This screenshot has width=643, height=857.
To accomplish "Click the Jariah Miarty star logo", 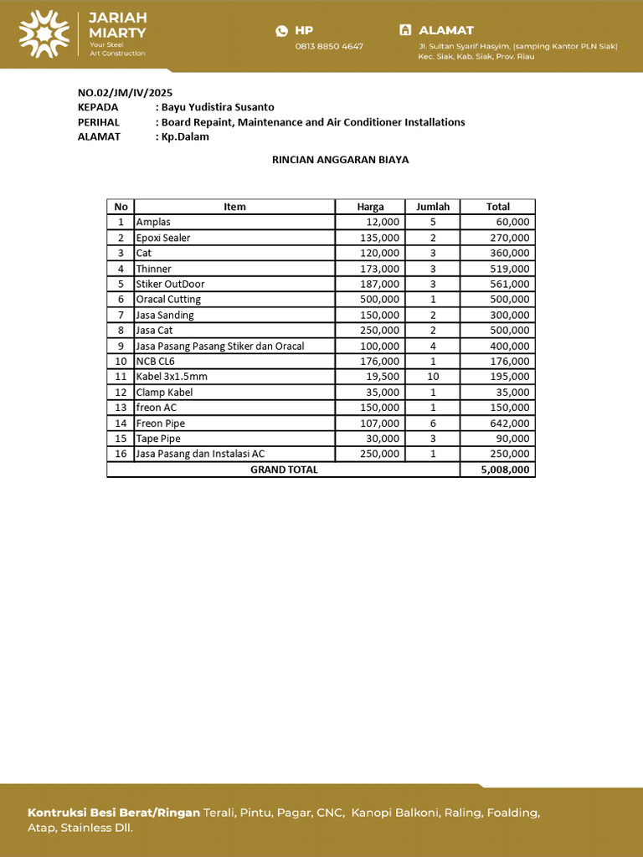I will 44,33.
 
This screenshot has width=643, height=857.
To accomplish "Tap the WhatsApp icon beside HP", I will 281,31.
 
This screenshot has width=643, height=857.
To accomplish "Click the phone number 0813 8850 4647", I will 329,46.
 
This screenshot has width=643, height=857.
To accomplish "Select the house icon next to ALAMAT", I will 405,30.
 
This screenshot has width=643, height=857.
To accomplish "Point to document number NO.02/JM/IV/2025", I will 125,93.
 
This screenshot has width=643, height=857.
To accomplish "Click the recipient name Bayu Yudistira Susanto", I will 218,107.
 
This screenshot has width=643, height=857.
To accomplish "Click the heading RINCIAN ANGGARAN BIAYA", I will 341,160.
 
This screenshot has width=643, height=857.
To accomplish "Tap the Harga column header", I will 370,207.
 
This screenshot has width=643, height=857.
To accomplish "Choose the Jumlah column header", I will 433,207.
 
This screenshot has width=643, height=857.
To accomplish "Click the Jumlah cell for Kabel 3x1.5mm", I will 433,377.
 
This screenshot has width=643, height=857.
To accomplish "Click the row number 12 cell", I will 121,393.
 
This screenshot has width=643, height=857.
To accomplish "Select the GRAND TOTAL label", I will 284,470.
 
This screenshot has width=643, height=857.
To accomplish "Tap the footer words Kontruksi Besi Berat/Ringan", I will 114,813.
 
